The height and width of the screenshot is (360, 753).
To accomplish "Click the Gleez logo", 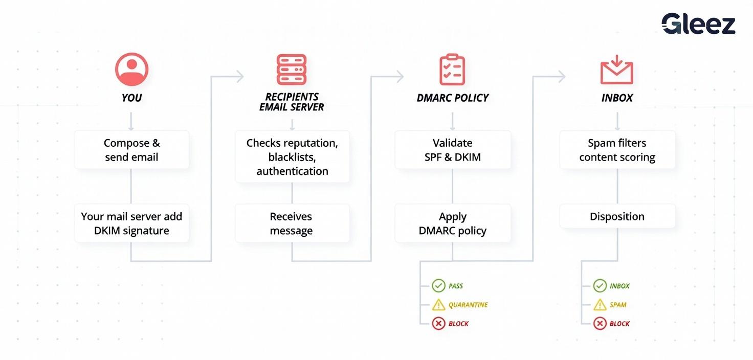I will tap(698, 24).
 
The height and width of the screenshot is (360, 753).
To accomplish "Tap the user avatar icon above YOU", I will tap(131, 69).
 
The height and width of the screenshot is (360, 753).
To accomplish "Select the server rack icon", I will tap(292, 70).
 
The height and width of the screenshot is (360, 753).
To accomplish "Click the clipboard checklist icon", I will tap(452, 70).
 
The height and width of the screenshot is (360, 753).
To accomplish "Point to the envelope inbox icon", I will tap(616, 70).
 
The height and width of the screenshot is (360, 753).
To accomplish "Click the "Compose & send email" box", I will tap(131, 150).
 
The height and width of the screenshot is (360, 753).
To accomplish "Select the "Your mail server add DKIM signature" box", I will tap(131, 223).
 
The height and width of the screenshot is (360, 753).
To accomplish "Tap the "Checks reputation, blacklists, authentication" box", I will tap(292, 157).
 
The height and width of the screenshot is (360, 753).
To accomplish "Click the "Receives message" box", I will tap(292, 223).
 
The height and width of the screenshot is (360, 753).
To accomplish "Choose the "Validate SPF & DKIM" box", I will tap(453, 150).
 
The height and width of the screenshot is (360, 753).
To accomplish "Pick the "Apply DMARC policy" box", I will tap(453, 223).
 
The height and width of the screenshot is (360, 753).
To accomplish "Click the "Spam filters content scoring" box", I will tap(617, 150).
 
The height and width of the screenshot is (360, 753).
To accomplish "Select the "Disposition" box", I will tap(617, 216).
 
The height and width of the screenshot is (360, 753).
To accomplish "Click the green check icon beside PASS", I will tap(438, 286).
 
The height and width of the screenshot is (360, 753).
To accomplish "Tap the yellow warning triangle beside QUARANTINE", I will tap(438, 305).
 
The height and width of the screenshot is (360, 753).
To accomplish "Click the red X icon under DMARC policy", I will tap(438, 324).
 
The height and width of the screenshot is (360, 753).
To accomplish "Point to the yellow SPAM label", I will tap(618, 305).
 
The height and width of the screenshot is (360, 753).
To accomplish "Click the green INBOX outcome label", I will tap(619, 286).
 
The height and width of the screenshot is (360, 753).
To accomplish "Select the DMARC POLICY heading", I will tap(453, 98).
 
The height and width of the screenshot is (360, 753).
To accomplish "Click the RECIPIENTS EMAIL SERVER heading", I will tap(292, 102).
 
